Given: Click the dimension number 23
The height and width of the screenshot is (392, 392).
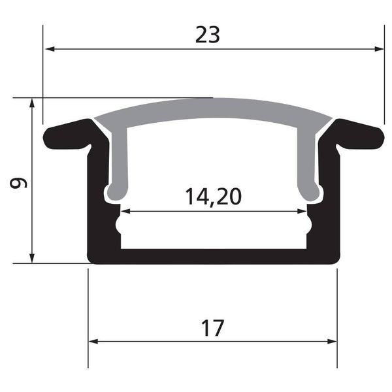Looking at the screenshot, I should (x=208, y=35).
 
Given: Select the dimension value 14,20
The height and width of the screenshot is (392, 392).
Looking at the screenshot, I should (x=214, y=196).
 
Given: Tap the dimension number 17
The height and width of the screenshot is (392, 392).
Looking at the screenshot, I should (x=213, y=327).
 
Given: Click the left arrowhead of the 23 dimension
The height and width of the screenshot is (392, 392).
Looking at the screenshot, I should (x=49, y=48).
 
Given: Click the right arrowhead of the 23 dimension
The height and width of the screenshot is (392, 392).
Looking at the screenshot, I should (x=378, y=48).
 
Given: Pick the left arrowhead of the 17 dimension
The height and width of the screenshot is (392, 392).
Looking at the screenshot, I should (x=94, y=341).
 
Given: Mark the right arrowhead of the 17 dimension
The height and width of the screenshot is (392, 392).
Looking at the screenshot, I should (x=332, y=341).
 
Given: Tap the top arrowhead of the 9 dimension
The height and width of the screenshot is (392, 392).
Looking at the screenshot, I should (x=31, y=103).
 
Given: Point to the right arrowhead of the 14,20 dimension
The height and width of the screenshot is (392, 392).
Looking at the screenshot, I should (x=301, y=211).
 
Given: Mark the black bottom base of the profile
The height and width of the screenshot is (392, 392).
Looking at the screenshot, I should (x=213, y=256).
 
